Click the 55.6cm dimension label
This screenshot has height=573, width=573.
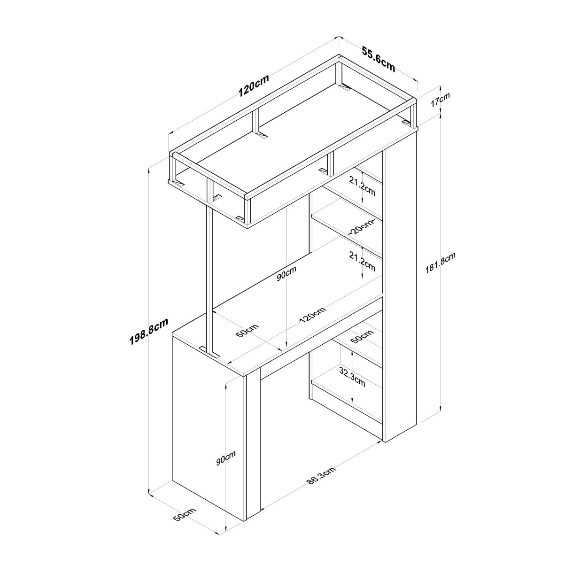click(378, 63)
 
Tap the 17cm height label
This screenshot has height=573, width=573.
click(440, 100)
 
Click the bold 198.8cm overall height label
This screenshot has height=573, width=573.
click(149, 331)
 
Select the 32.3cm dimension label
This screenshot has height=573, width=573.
click(352, 376)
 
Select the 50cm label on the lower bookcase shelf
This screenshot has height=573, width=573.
click(362, 336)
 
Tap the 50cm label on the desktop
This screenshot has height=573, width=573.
click(248, 331)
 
